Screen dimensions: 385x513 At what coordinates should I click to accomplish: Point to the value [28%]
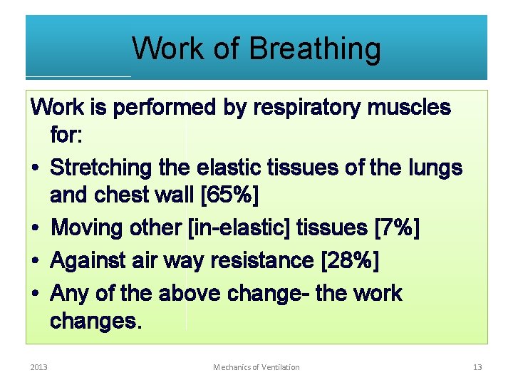pos(350,261)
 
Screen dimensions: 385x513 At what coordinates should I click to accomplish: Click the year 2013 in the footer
pos(39,367)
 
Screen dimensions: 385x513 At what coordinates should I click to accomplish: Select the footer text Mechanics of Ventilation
pos(256,367)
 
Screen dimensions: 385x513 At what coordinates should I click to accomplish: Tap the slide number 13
pos(477,367)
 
